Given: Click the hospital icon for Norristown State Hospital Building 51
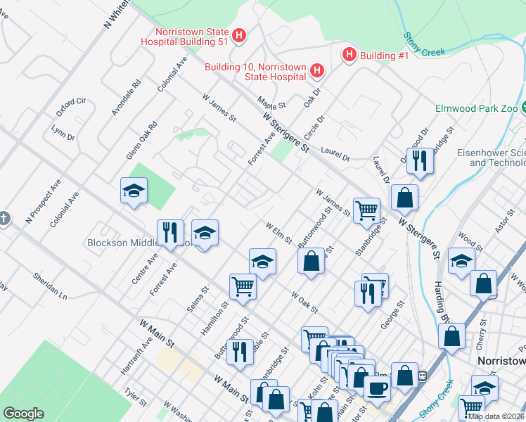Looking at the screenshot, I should tap(239, 35).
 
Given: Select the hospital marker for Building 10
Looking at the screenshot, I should tap(316, 70).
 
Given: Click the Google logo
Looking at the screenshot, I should tap(24, 414).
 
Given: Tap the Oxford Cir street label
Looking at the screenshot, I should tap(70, 108).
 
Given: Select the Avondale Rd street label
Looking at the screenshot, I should tap(126, 97).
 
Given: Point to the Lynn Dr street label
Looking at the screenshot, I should tap(63, 133).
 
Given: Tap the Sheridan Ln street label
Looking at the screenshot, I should tap(49, 286).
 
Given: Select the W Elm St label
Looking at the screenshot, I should tap(278, 234).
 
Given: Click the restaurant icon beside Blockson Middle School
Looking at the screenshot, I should tap(170, 232).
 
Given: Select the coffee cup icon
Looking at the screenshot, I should tap(377, 388).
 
